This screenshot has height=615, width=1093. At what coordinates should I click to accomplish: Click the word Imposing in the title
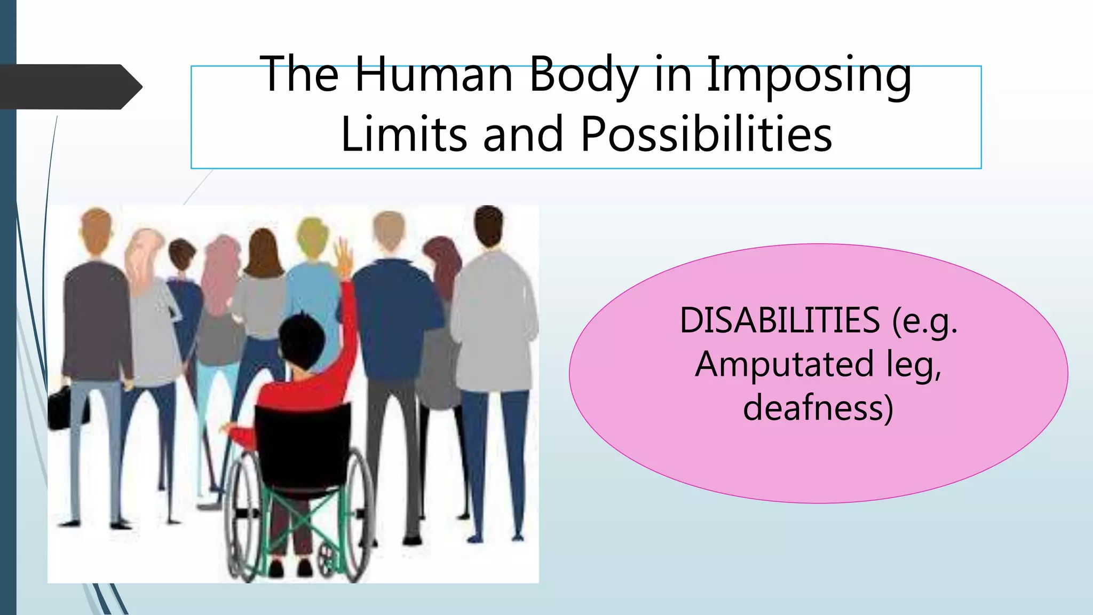(x=809, y=75)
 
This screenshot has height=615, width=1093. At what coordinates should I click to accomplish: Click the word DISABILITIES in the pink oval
(x=779, y=320)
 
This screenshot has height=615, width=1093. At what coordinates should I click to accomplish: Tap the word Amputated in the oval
(x=785, y=364)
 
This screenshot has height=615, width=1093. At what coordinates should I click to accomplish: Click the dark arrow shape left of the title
(x=69, y=86)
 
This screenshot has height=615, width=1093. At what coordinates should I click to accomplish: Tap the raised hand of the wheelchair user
(x=344, y=256)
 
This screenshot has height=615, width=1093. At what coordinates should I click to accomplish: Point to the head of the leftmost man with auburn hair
(x=96, y=227)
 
